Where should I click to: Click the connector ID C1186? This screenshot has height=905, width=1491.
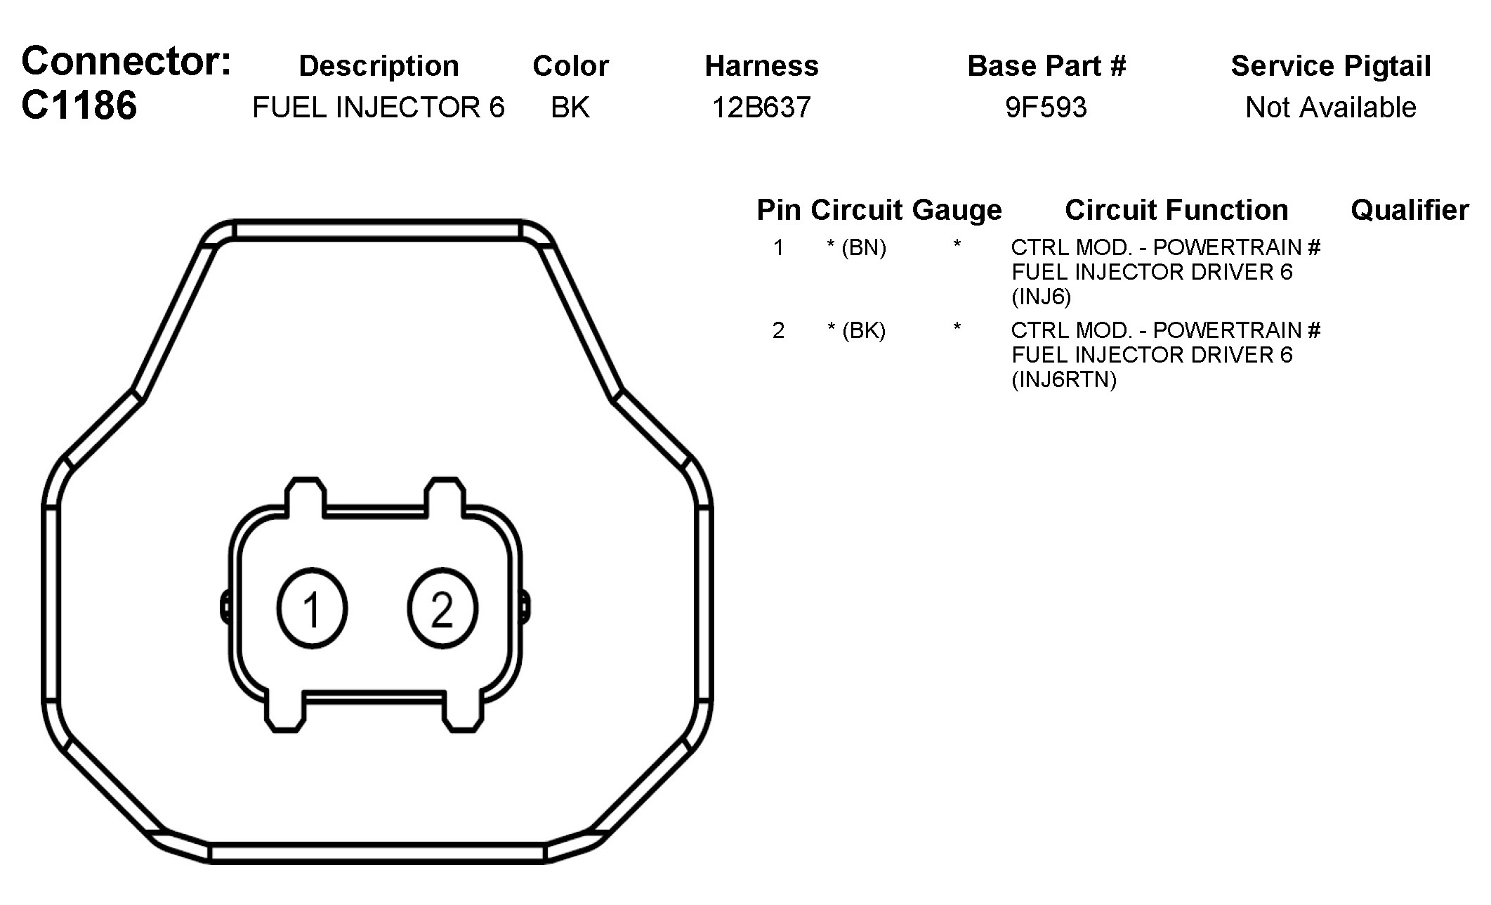79,106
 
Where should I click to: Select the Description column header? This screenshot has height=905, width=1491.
379,67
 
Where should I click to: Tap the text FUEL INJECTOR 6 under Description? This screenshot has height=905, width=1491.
379,108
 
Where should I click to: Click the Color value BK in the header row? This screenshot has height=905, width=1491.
570,108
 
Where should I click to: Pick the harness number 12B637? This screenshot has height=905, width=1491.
762,108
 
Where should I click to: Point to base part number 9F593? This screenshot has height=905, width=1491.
1046,108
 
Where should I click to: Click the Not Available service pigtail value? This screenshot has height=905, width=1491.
1331,108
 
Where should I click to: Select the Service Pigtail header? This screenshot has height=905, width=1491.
1331,67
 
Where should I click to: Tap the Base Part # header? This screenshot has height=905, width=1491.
1046,66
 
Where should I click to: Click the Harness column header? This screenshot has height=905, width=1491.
762,66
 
